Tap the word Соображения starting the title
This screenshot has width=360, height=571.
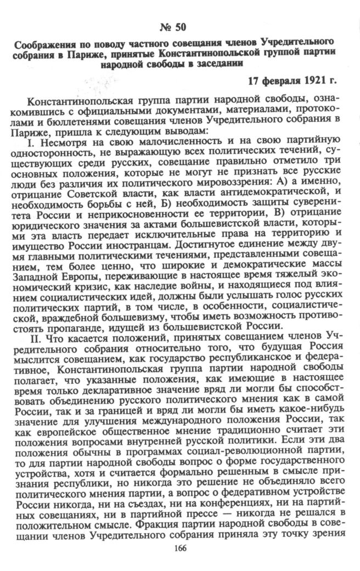tap(43, 43)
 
